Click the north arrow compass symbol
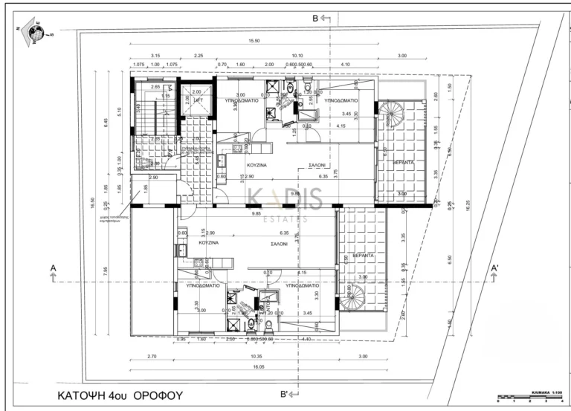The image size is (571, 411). (33, 32)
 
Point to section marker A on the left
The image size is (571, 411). (53, 268)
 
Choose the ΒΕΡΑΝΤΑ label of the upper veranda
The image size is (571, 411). (404, 161)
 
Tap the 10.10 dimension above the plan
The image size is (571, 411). (297, 55)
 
